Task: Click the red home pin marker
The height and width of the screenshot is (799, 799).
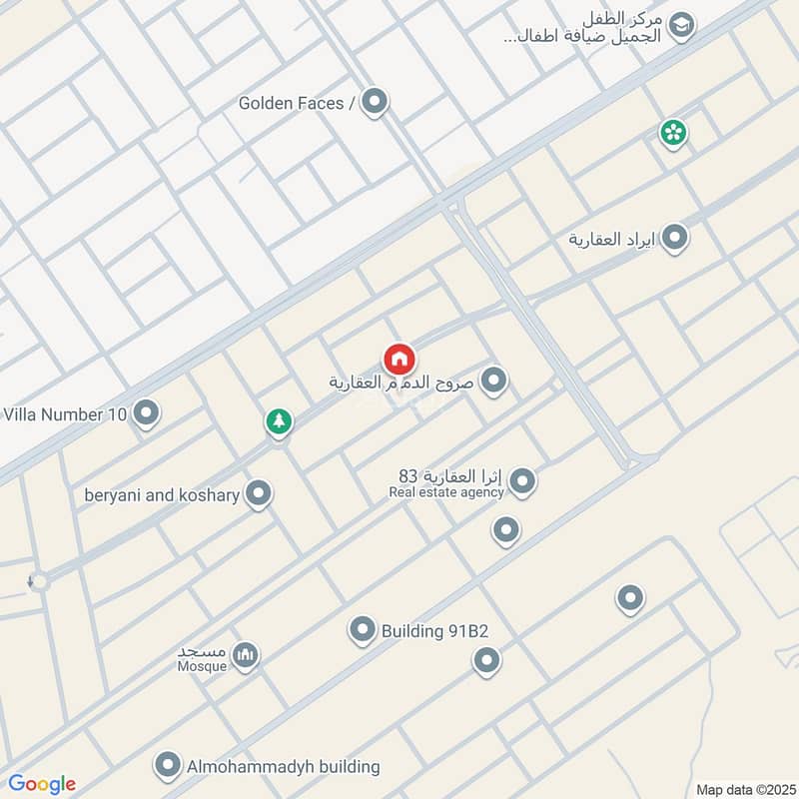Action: (399, 359)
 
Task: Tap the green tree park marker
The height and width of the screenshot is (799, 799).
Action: (280, 421)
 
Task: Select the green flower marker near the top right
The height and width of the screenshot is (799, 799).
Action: (673, 132)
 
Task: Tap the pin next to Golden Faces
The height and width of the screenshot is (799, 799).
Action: (375, 101)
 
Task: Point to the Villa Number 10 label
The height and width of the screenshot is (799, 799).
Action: (66, 412)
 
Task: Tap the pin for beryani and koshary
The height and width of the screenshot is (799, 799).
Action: (259, 493)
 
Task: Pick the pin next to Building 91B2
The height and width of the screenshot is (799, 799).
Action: (362, 629)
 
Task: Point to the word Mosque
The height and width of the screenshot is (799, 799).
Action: (203, 666)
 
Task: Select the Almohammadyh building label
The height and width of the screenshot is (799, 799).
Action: (284, 767)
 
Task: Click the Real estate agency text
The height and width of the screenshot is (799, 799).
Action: (446, 491)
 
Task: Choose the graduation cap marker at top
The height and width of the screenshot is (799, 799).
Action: (682, 26)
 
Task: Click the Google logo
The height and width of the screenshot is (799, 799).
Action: (42, 784)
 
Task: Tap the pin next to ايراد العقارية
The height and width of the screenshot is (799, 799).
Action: (676, 238)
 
